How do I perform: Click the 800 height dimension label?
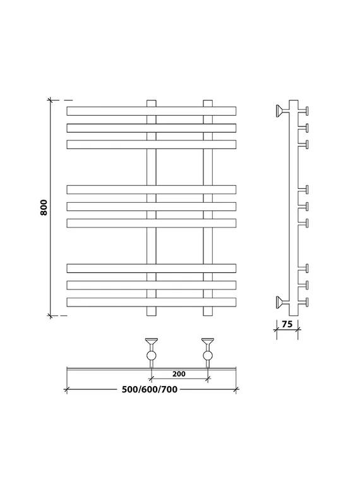click(44, 207)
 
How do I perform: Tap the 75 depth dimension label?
click(287, 324)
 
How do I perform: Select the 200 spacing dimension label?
click(179, 373)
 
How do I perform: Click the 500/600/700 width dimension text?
click(150, 389)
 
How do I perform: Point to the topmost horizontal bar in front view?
click(152, 111)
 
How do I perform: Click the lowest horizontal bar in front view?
click(152, 302)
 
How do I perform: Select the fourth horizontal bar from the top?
click(152, 190)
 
